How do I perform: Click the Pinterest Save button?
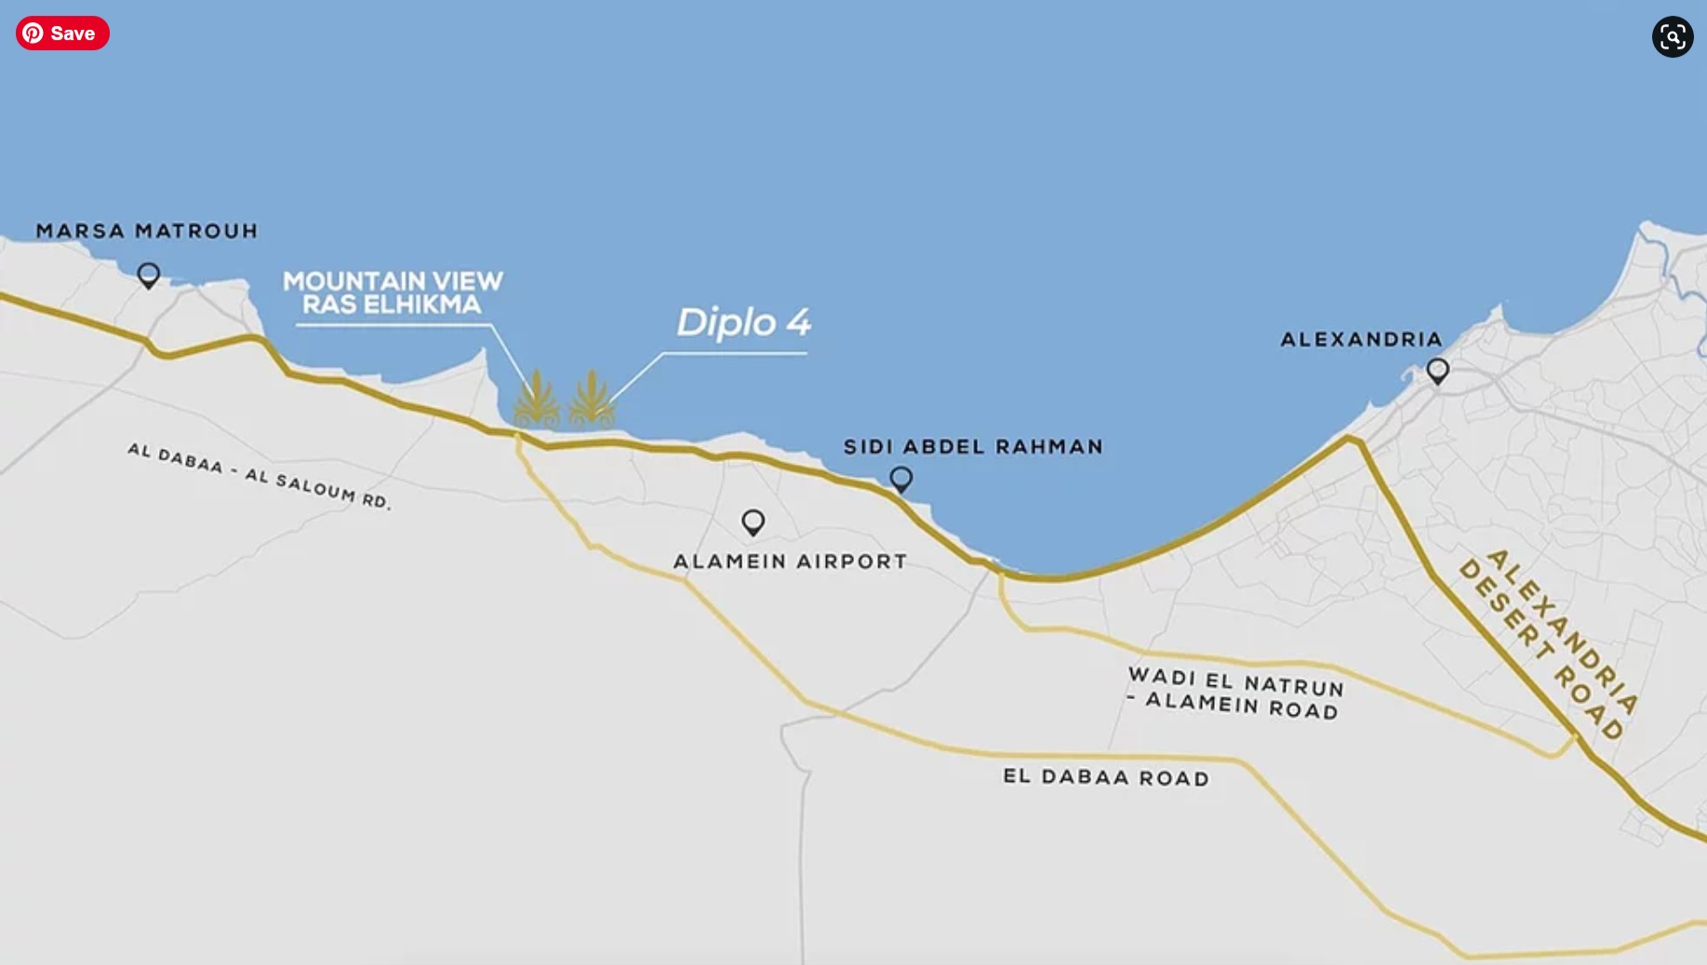[62, 33]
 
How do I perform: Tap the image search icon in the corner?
[1672, 37]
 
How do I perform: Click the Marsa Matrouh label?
[147, 231]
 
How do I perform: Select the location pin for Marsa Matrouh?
[148, 275]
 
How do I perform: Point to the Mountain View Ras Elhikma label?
[393, 293]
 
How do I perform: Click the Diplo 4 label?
[743, 324]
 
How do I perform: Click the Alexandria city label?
[1361, 339]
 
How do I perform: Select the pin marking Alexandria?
[1437, 371]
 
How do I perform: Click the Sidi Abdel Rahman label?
[973, 446]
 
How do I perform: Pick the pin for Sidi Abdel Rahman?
[900, 479]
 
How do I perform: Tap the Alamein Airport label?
[790, 562]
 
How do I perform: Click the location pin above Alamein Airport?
[753, 522]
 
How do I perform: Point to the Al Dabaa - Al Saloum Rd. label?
[260, 476]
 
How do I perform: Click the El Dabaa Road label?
[1106, 777]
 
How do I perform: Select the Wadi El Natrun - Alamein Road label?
[1235, 694]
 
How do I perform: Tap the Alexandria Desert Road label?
[1548, 642]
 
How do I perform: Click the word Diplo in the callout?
[726, 324]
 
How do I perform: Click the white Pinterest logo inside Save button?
[33, 33]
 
